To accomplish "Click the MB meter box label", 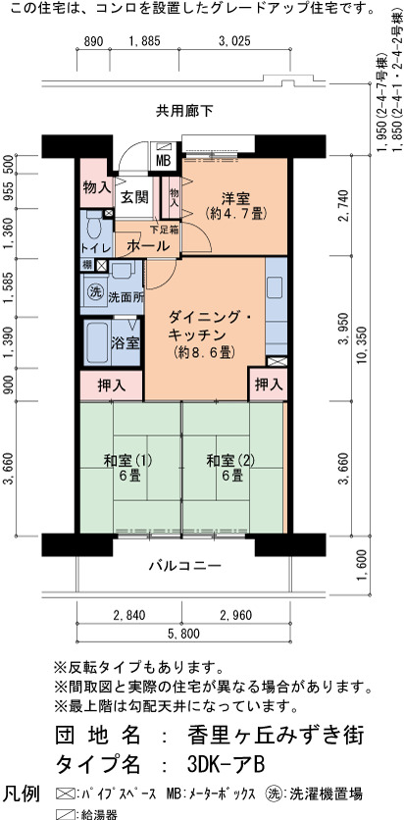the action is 164,161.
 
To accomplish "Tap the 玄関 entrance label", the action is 135,198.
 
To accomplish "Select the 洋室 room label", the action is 235,199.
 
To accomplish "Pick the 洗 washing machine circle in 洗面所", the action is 95,292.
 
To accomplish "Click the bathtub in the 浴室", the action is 97,343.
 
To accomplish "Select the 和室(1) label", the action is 127,461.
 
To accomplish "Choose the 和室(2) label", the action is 230,461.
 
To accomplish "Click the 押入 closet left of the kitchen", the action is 112,385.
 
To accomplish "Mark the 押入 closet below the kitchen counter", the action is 269,384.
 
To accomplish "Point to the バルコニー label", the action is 184,566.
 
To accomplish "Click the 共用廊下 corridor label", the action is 184,111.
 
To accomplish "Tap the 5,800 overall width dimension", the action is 184,635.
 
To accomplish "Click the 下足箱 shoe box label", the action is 164,229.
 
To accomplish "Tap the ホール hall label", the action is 148,245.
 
